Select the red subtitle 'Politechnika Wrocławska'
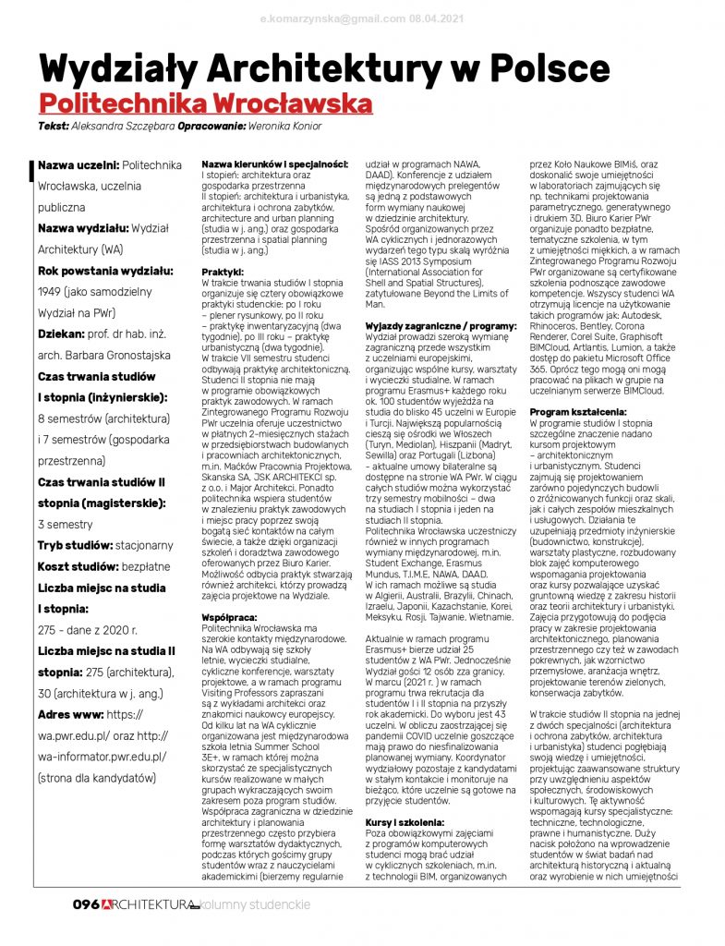(204, 103)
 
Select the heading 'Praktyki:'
(223, 273)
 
